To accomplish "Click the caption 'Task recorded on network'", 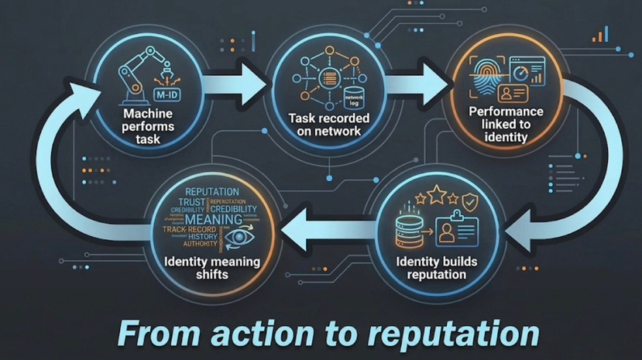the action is tap(329, 125).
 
